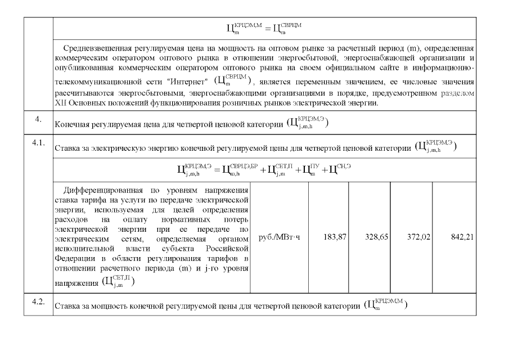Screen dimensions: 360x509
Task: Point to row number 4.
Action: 38,119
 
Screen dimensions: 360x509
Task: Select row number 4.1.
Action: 38,143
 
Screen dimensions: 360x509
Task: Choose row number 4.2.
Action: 38,301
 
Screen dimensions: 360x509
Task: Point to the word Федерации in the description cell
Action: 72,258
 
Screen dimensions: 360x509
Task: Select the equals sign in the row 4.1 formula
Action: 217,169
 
